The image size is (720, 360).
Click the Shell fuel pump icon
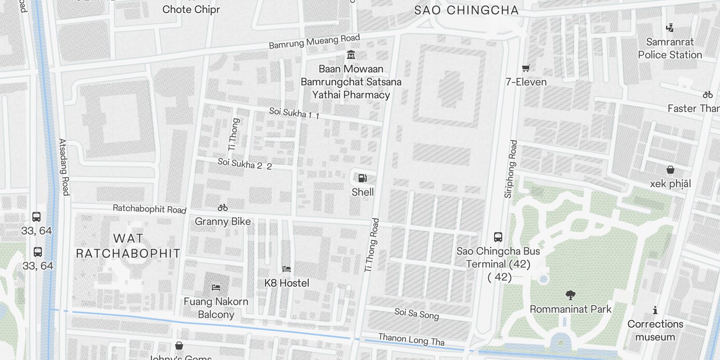click(x=362, y=178)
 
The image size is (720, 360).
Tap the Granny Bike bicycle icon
click(x=222, y=207)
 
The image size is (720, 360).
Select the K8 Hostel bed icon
click(x=287, y=269)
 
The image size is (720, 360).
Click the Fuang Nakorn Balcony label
click(x=216, y=308)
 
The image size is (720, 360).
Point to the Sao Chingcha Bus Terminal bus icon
click(x=498, y=237)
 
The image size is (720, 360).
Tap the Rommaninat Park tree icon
click(x=570, y=295)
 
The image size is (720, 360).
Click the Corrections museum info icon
click(x=655, y=310)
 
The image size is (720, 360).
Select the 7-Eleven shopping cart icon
click(x=526, y=68)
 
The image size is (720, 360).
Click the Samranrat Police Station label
click(x=670, y=48)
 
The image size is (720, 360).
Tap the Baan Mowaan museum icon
click(x=351, y=55)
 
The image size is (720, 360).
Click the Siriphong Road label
click(x=511, y=169)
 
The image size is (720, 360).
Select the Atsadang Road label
click(x=64, y=167)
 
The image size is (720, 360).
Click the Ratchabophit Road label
click(x=149, y=209)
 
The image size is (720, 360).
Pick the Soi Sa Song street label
click(x=416, y=314)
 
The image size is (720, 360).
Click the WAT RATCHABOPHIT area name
click(x=128, y=246)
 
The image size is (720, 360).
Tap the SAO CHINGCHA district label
click(x=466, y=10)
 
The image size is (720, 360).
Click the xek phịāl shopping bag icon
click(x=670, y=170)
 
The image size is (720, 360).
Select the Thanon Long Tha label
click(x=411, y=339)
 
